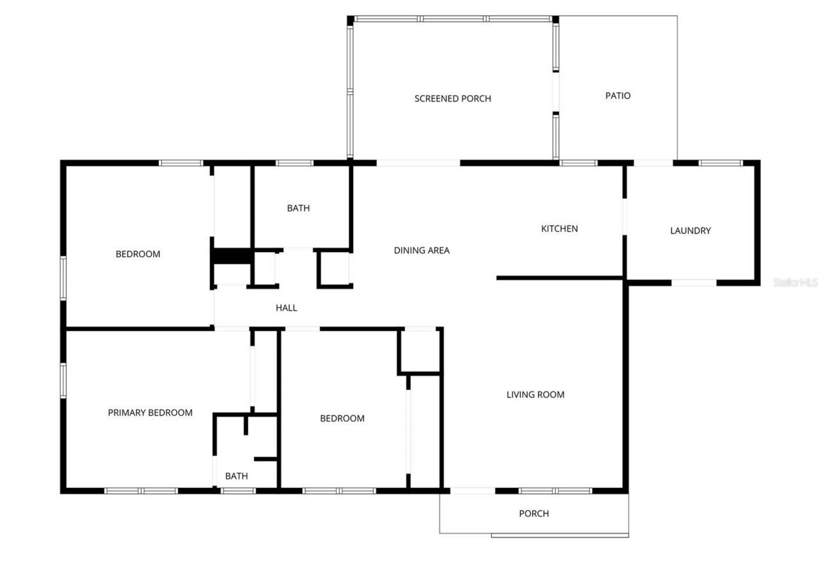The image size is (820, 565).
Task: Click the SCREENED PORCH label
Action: click(x=452, y=99)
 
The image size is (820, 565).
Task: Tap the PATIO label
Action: click(x=618, y=96)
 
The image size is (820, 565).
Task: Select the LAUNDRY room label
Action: click(x=690, y=231)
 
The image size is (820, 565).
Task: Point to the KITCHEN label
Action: click(x=559, y=228)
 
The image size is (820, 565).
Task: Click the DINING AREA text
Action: click(x=422, y=250)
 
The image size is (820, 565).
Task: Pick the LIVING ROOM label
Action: click(x=536, y=394)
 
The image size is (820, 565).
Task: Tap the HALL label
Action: click(x=286, y=308)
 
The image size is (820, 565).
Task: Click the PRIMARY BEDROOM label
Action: click(x=150, y=412)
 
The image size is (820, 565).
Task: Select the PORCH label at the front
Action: click(x=534, y=513)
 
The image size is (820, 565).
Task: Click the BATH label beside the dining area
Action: click(x=298, y=208)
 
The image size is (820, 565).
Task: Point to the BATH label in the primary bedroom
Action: click(x=236, y=476)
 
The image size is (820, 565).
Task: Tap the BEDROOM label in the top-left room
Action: click(x=138, y=254)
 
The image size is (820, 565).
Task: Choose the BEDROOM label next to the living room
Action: click(x=342, y=418)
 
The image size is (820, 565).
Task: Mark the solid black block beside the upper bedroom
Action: click(x=231, y=255)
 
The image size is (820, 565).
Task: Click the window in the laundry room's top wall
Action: click(x=721, y=163)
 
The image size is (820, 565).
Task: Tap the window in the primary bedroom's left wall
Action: click(x=63, y=380)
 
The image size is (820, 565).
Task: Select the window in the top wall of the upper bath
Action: click(x=295, y=163)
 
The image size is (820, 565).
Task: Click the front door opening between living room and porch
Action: click(x=473, y=491)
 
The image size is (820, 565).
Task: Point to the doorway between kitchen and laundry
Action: click(x=624, y=217)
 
